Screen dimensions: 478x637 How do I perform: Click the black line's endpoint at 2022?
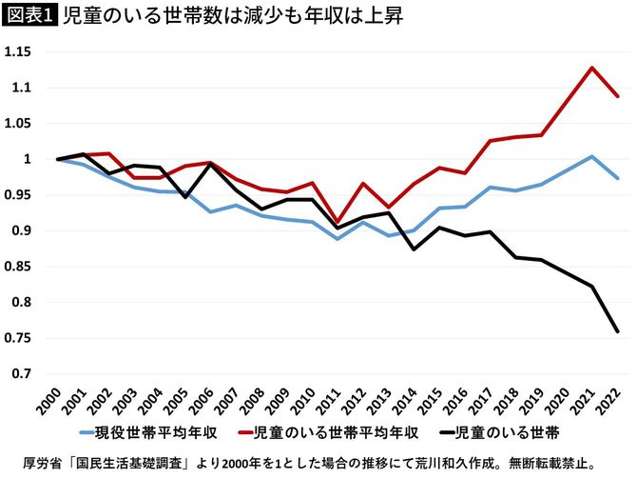click(x=617, y=331)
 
